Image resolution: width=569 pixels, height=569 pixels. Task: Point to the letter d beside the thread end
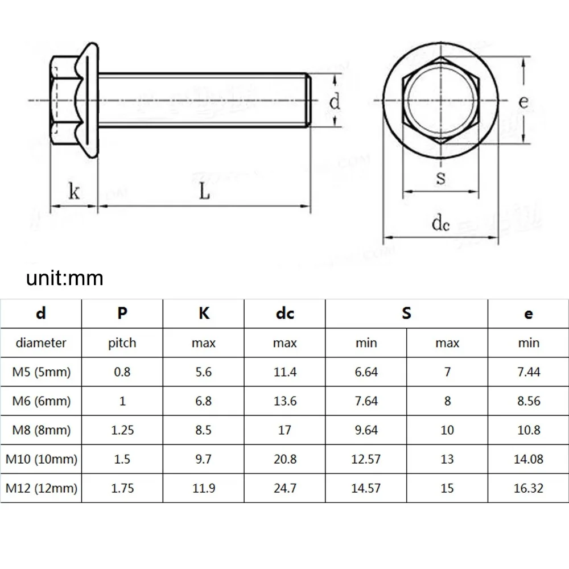pos(335,102)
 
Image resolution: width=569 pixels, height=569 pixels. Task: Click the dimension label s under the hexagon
pos(440,178)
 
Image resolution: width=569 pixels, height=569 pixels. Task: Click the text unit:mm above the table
pos(64,278)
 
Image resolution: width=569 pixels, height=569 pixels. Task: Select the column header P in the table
pos(122,314)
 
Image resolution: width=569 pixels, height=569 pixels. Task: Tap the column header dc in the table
pos(284,314)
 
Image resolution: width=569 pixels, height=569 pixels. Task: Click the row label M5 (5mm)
pos(41,372)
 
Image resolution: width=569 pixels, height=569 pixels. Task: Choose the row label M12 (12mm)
pos(41,488)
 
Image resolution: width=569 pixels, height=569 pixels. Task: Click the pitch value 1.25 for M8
pos(122,430)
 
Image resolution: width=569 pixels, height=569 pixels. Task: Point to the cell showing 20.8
pos(284,459)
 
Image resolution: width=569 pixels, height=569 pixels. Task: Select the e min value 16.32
pos(528,488)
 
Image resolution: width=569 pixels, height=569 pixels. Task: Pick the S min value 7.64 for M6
pos(366,401)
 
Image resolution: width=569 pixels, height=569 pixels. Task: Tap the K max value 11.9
pos(203,488)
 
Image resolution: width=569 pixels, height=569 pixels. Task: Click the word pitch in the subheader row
pos(122,343)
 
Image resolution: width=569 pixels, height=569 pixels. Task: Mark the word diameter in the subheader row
pos(41,343)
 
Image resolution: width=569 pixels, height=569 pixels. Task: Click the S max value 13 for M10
pos(447,459)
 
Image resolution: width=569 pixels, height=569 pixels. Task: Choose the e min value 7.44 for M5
pos(528,372)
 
